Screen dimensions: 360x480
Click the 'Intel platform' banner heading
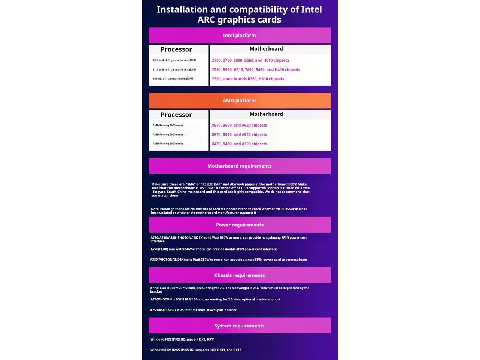(x=239, y=36)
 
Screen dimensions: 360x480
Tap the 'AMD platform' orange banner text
(x=239, y=100)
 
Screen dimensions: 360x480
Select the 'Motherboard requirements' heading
(x=239, y=166)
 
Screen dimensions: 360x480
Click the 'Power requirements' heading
(x=240, y=225)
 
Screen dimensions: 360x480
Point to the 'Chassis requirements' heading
(x=240, y=275)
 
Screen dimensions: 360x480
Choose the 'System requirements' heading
(x=239, y=326)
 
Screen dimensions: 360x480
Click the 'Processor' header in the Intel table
(x=176, y=49)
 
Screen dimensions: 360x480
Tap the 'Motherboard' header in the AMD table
(x=266, y=114)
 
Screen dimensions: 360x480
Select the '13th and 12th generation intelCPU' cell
(x=174, y=60)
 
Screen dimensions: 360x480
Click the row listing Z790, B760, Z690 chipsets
(x=250, y=60)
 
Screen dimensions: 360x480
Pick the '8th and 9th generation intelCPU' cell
(x=172, y=78)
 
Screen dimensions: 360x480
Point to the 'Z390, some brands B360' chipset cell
(x=248, y=79)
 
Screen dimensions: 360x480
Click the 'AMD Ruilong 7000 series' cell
(x=168, y=126)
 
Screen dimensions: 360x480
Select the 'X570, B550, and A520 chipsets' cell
(x=239, y=135)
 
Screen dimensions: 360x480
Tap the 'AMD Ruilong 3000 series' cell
(x=168, y=144)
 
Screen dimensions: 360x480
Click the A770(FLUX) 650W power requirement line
(x=213, y=249)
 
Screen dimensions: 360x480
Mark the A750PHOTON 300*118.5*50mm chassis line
(x=215, y=299)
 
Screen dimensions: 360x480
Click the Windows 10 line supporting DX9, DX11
(x=183, y=339)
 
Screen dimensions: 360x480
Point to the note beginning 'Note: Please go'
(x=229, y=211)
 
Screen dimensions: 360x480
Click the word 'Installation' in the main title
(x=182, y=10)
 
